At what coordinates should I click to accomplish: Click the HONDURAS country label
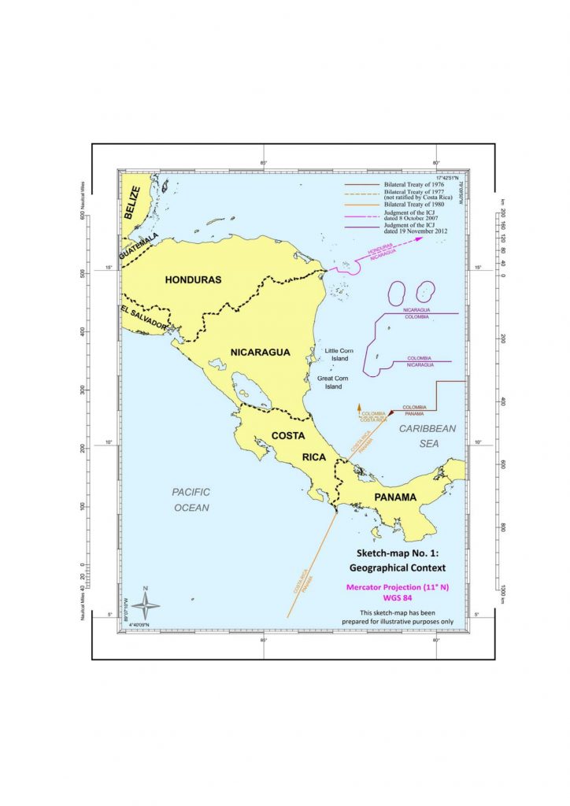[193, 279]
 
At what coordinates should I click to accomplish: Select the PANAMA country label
[395, 497]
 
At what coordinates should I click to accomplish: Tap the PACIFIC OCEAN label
[191, 499]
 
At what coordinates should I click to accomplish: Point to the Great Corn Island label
[334, 383]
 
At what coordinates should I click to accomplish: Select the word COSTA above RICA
[290, 435]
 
